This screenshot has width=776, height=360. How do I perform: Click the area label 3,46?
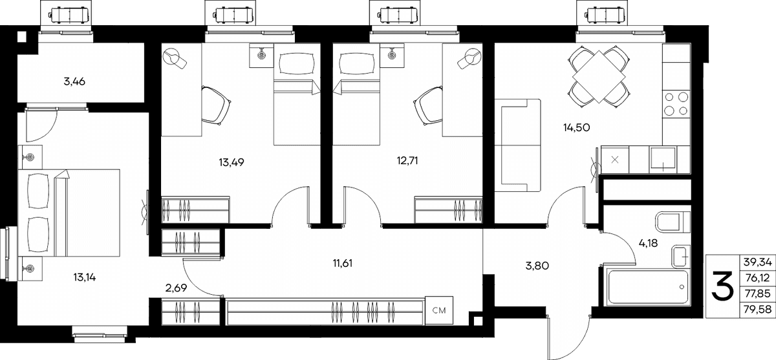coord(74,81)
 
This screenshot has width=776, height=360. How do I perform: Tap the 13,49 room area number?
coord(232,162)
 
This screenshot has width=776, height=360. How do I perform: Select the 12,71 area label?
coord(407,161)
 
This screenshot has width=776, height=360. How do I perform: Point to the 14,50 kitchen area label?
coord(576,128)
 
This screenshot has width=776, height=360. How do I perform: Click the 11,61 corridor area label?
coord(343,264)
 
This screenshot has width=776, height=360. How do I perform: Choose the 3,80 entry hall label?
coord(537,266)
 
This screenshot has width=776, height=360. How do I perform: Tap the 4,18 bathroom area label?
coord(648,244)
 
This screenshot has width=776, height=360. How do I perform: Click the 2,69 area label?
coord(176,288)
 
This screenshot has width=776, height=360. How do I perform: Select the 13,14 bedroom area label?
coord(85,277)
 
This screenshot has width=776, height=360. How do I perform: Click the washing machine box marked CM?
coord(439,310)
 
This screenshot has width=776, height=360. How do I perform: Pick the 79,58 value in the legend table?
coord(757,309)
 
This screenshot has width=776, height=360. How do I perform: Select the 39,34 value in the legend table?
coord(758,262)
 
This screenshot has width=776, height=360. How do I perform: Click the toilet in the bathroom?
coord(673,222)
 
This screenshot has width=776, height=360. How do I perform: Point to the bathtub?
coord(647,287)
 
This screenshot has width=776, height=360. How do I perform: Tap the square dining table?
coord(599,76)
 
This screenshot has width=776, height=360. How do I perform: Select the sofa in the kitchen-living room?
coord(517,145)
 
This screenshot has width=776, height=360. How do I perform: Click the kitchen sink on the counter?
coord(663,160)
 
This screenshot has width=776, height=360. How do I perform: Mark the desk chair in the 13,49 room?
coord(215,105)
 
